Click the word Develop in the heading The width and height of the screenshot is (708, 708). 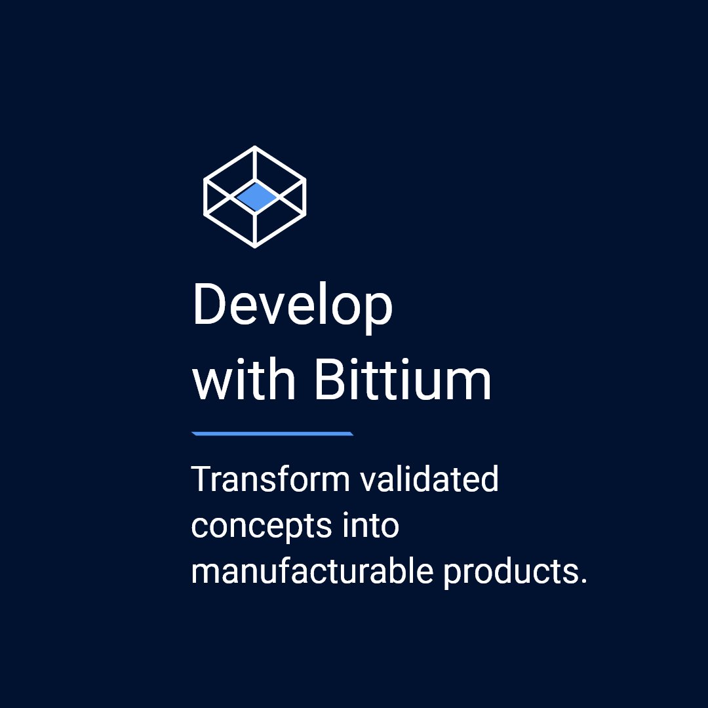[x=292, y=306]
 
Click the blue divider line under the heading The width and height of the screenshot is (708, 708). [x=272, y=433]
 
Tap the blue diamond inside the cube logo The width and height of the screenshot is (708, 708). [x=255, y=196]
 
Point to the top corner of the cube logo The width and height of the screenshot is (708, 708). [x=254, y=148]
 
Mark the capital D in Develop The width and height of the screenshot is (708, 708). [x=208, y=305]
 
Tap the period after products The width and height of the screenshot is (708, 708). [x=583, y=581]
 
